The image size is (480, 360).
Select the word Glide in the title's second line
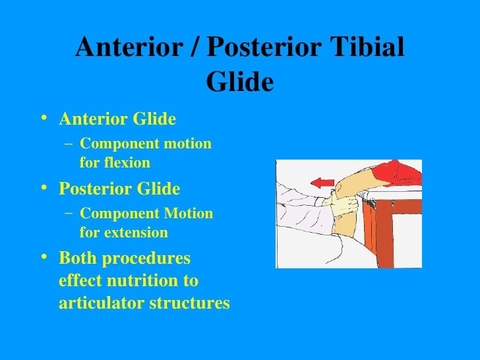tap(239, 82)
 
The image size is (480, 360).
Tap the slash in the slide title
tap(198, 48)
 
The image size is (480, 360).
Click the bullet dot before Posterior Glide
tap(44, 189)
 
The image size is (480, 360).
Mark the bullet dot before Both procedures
tap(44, 258)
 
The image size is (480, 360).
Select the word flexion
tap(125, 162)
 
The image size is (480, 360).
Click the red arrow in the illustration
tap(323, 183)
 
